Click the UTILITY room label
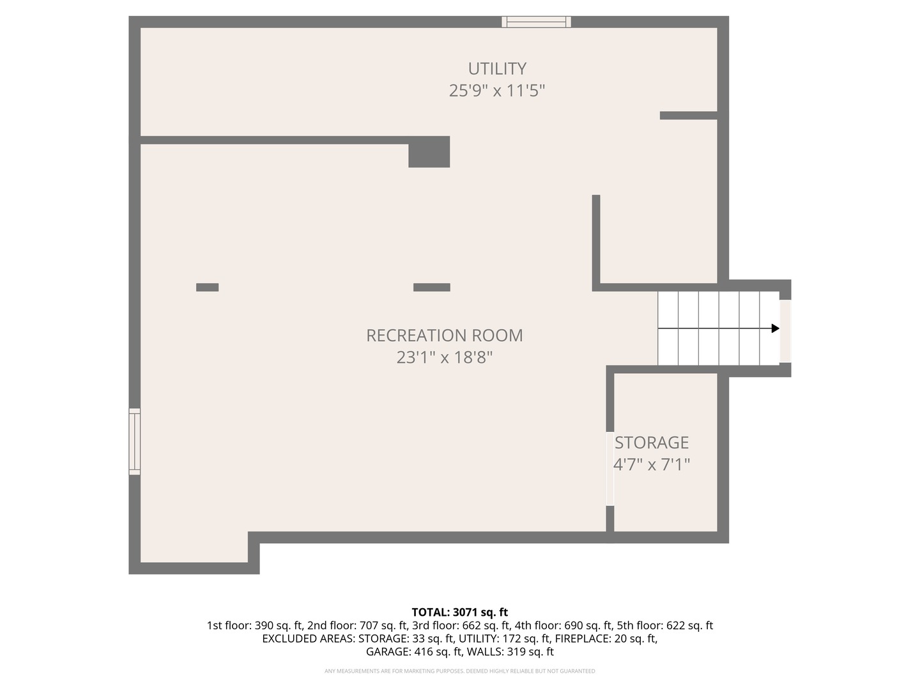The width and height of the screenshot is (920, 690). tap(497, 68)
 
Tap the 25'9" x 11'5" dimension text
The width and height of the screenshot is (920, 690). tap(497, 91)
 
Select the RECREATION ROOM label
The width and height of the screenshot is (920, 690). tap(444, 335)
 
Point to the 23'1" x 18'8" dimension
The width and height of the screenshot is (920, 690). tap(444, 357)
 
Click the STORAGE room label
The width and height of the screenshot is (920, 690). tap(652, 443)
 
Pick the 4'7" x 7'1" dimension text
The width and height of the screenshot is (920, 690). tap(652, 464)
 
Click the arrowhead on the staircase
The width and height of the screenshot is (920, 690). tap(775, 328)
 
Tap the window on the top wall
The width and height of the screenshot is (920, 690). tap(536, 22)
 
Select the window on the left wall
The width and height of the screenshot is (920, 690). tap(135, 441)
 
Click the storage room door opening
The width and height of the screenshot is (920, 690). tap(610, 469)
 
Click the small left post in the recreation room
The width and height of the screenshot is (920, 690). tap(207, 287)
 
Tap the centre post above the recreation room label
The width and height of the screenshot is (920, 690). tap(431, 287)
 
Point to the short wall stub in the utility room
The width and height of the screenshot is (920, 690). tap(688, 116)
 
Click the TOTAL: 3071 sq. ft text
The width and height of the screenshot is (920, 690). tap(459, 612)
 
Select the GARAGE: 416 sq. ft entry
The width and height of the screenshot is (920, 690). tap(413, 652)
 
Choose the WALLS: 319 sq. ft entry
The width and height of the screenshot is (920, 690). tap(510, 652)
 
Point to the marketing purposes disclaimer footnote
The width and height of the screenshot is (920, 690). tap(459, 671)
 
